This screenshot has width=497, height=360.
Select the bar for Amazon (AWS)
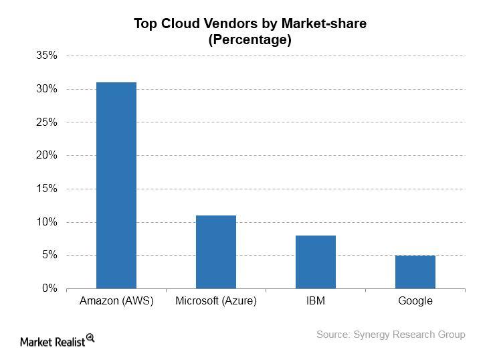[x=116, y=185]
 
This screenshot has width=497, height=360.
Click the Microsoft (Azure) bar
[x=216, y=252]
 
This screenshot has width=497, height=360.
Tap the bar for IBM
[x=316, y=262]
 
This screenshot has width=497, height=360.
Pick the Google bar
[x=415, y=272]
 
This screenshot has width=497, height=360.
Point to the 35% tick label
[x=47, y=56]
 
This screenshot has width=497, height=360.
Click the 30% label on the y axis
[x=47, y=89]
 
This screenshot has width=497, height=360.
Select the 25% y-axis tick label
[x=47, y=122]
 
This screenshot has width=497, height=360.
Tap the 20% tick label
[x=47, y=155]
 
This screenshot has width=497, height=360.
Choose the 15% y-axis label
[x=47, y=189]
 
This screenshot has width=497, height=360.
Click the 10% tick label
[x=47, y=221]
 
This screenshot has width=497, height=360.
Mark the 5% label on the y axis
[x=49, y=255]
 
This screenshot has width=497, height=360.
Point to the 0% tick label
[x=49, y=288]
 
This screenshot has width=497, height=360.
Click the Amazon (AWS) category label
[x=116, y=300]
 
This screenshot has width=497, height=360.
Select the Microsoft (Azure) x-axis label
[x=216, y=300]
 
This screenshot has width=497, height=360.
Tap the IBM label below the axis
[x=316, y=300]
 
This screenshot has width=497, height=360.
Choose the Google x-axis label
[x=415, y=301]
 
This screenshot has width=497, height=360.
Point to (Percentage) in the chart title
[x=250, y=40]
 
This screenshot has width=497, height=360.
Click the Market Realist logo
[x=58, y=341]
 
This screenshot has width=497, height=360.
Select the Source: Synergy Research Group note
[x=391, y=335]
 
